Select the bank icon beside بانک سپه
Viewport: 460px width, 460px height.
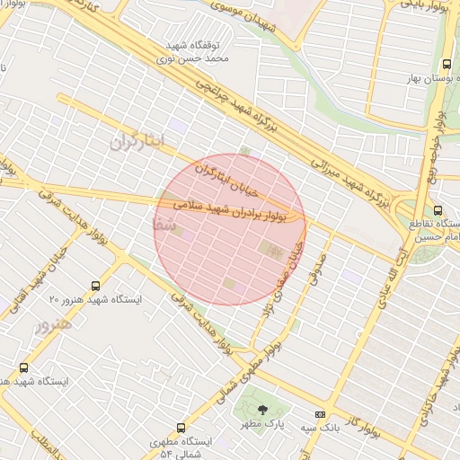321,414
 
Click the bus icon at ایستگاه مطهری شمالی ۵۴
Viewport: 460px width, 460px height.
181,428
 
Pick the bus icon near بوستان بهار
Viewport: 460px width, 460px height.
447,65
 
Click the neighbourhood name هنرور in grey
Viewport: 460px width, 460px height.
51,326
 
